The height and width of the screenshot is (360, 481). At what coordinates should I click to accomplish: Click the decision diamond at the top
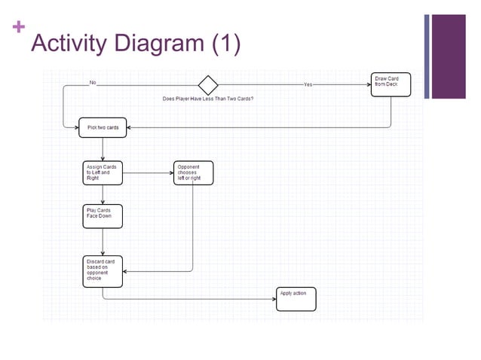pos(207,84)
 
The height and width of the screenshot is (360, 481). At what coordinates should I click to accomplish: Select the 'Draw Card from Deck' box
pos(392,85)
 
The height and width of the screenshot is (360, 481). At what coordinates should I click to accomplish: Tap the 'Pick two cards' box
pos(103,128)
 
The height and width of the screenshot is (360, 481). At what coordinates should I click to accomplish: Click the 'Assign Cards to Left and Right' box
pos(102,173)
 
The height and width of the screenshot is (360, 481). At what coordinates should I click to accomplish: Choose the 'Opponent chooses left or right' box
pos(192,173)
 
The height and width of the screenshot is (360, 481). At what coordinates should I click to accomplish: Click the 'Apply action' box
pos(296,299)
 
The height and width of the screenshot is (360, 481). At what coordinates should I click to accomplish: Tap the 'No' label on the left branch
pos(93,82)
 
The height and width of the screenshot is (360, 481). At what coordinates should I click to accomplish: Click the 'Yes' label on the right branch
pos(308,85)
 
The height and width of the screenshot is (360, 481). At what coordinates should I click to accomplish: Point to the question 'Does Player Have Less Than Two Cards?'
pos(208,99)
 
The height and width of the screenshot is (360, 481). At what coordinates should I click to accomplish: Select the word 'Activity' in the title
pos(68,44)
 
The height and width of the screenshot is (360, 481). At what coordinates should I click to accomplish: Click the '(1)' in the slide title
pos(225,44)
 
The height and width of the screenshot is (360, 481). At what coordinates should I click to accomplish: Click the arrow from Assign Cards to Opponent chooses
pos(146,173)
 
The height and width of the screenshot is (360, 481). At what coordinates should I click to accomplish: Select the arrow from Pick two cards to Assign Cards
pos(103,149)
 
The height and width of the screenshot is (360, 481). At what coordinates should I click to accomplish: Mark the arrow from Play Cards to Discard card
pos(102,242)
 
